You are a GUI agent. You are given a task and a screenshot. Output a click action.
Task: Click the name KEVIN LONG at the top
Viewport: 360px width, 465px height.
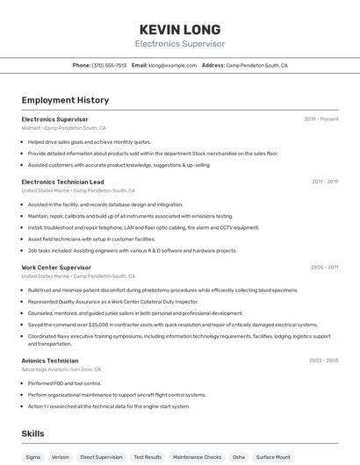(x=179, y=29)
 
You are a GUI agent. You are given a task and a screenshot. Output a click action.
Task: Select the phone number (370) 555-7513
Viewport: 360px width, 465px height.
(x=110, y=65)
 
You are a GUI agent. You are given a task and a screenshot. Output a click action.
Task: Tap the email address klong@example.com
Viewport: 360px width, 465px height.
(x=172, y=65)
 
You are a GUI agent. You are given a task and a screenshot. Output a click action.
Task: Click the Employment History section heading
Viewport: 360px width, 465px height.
(x=65, y=100)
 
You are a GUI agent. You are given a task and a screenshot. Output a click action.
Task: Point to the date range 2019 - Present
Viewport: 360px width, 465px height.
(x=321, y=119)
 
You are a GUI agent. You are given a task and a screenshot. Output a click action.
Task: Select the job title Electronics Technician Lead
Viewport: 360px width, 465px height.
(x=62, y=182)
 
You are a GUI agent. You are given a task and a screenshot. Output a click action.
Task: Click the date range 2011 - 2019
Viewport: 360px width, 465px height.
(x=325, y=182)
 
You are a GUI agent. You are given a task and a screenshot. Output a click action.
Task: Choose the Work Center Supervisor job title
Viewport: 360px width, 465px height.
(x=56, y=267)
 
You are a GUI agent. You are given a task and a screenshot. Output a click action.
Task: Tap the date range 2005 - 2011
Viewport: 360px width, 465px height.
(x=324, y=267)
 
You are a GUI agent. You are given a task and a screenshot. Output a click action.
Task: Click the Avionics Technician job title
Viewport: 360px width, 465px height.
(x=50, y=361)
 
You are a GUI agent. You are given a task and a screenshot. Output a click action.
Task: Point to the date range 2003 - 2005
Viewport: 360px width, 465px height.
(x=323, y=361)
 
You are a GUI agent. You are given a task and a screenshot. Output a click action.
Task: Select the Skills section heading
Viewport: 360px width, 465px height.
(x=32, y=433)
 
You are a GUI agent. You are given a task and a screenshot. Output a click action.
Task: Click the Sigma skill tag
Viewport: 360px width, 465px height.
(x=33, y=457)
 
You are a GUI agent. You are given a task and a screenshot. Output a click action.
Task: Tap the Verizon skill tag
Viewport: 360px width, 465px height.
(x=60, y=457)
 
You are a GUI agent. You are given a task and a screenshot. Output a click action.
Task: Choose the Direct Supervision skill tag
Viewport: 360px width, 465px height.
(x=101, y=457)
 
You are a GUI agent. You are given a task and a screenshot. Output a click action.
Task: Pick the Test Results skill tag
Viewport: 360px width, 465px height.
(x=148, y=457)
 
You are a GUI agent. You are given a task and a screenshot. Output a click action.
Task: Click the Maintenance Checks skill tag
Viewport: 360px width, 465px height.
(x=197, y=457)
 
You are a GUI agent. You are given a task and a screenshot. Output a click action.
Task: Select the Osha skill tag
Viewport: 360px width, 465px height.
(x=239, y=457)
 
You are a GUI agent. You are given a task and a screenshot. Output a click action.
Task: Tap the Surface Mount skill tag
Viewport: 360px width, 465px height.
(x=273, y=457)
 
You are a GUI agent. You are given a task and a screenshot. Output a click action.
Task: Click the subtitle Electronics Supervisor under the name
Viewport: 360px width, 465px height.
(x=179, y=44)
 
